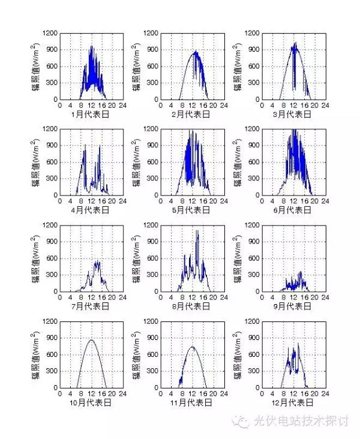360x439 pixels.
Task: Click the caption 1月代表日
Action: click(x=91, y=113)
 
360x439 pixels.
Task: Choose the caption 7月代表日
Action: click(x=91, y=306)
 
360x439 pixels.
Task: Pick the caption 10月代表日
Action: click(x=91, y=402)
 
